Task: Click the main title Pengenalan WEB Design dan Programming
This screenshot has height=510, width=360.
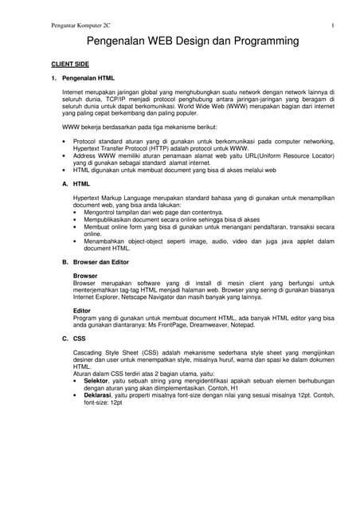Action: click(181, 39)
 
